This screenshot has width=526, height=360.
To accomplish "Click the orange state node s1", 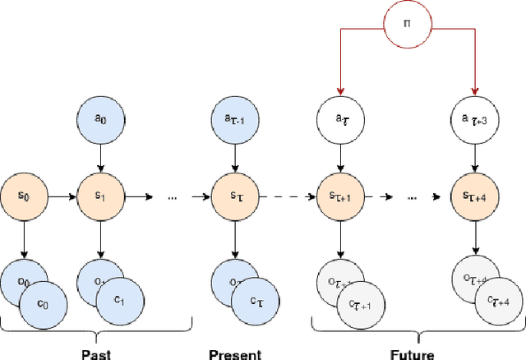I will [100, 197].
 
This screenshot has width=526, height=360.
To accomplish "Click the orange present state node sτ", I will [236, 197].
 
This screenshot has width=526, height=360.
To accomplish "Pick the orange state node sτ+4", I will [475, 197].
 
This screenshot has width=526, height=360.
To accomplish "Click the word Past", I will [96, 354].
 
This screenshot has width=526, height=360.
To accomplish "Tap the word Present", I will [235, 354].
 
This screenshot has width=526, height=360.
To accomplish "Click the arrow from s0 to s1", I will [62, 197].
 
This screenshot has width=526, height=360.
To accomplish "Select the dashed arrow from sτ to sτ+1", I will [287, 197].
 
